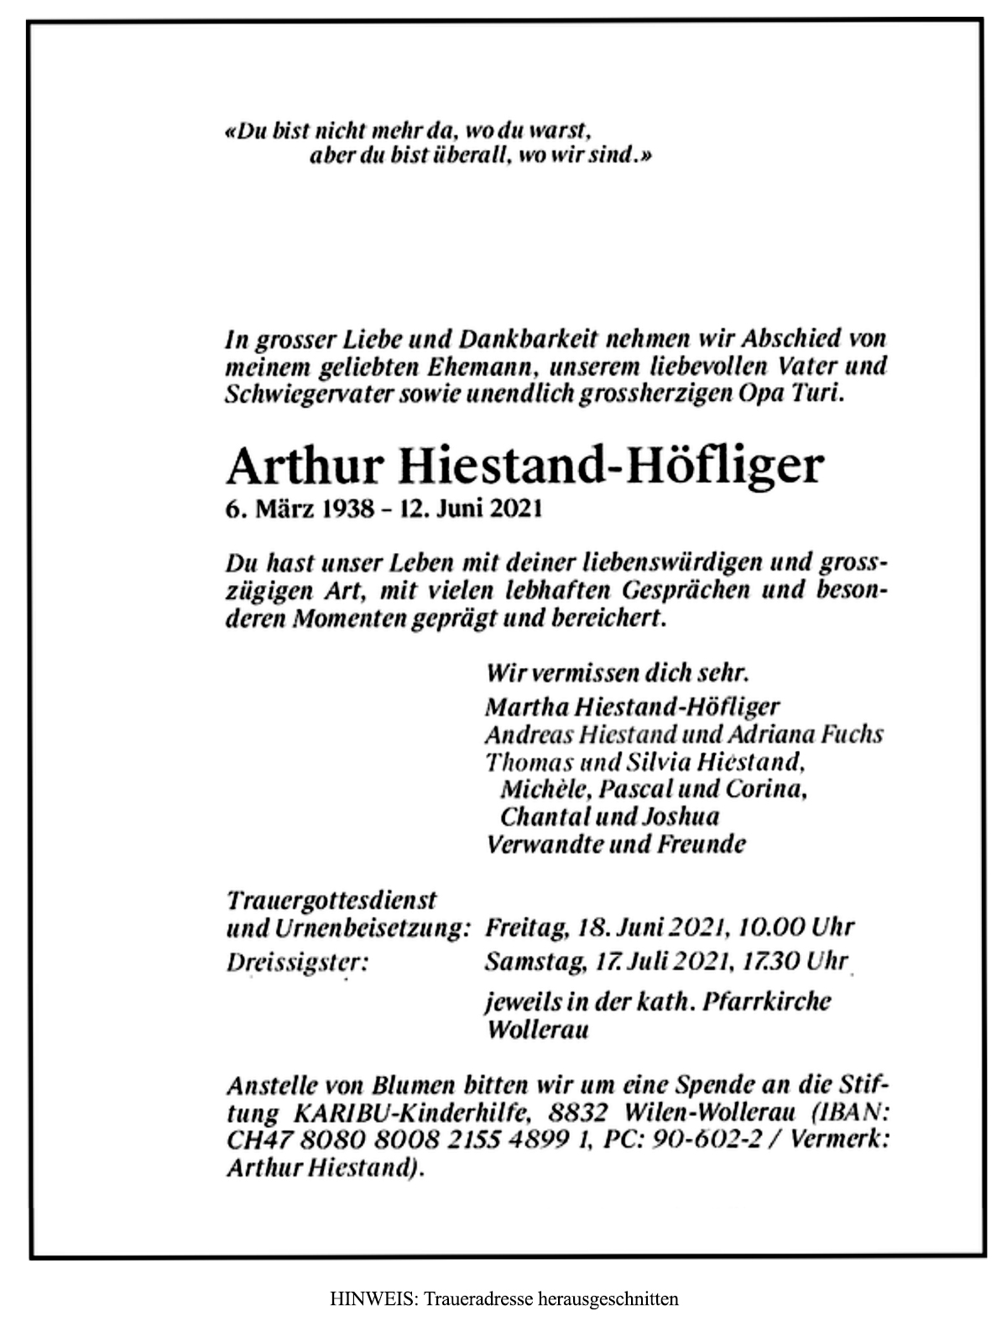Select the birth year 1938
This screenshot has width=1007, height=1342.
tap(344, 509)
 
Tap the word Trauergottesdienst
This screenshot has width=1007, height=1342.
tap(332, 900)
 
